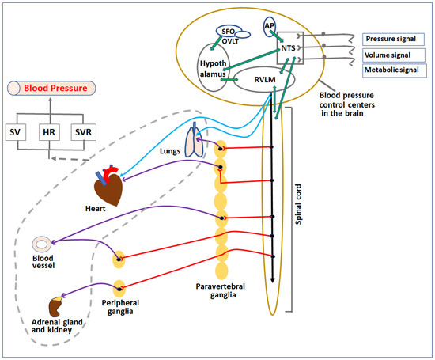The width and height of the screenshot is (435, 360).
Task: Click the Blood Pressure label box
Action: coord(50,89)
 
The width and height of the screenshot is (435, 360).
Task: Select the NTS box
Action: coord(290,49)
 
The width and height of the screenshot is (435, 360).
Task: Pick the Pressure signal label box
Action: coord(391,39)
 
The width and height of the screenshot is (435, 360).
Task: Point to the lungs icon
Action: coord(194,143)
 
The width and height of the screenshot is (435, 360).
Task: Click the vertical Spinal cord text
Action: coord(298,202)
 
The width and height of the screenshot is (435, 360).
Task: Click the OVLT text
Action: coord(230,42)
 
